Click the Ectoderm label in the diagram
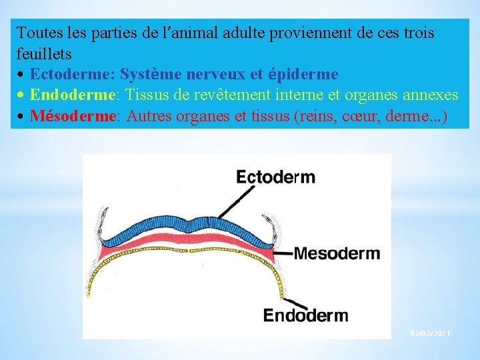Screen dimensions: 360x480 pyautogui.click(x=275, y=177)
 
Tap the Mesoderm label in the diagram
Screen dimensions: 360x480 pyautogui.click(x=337, y=253)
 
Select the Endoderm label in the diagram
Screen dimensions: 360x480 pyautogui.click(x=305, y=315)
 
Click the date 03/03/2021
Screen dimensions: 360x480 pyautogui.click(x=431, y=332)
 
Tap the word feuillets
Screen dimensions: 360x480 pyautogui.click(x=44, y=52)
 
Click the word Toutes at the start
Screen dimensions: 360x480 pyautogui.click(x=38, y=32)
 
